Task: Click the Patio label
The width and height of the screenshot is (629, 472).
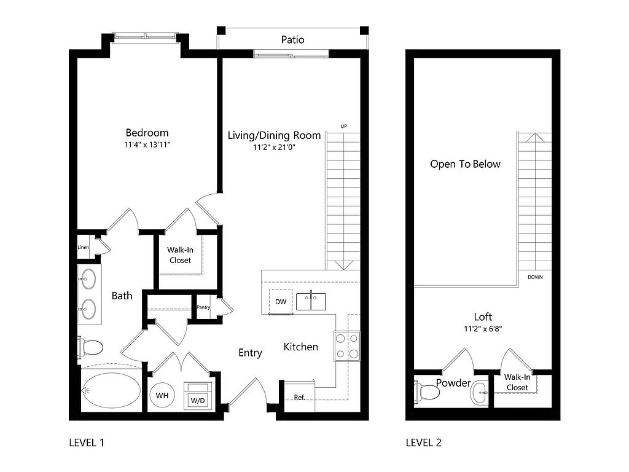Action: click(292, 40)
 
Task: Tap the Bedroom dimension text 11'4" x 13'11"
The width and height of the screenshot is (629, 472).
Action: click(147, 144)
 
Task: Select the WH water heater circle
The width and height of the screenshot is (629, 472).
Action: click(162, 396)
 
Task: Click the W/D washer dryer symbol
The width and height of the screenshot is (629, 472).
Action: click(198, 395)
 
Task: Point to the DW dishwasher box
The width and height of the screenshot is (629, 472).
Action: click(281, 301)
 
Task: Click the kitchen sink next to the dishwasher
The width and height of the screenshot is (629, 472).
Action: click(311, 301)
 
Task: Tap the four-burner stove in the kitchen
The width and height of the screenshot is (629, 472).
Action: click(347, 347)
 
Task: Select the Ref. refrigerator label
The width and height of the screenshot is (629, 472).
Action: click(299, 397)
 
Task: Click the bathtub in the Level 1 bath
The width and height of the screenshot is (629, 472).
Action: click(112, 390)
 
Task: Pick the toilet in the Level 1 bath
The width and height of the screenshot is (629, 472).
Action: click(90, 347)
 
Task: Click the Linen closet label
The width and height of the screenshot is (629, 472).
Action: click(83, 247)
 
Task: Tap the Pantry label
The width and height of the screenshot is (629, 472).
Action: click(203, 307)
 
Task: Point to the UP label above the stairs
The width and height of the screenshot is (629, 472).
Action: click(343, 126)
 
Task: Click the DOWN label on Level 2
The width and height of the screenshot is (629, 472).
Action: click(535, 277)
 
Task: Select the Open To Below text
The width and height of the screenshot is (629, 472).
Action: click(466, 163)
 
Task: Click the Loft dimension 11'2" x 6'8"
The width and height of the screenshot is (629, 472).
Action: click(483, 329)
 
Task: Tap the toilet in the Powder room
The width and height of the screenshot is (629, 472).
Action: click(427, 391)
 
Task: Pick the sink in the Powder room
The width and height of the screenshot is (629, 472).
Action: click(479, 392)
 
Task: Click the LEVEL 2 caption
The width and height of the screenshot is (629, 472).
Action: click(424, 442)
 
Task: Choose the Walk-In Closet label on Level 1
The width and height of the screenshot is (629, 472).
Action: click(180, 255)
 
